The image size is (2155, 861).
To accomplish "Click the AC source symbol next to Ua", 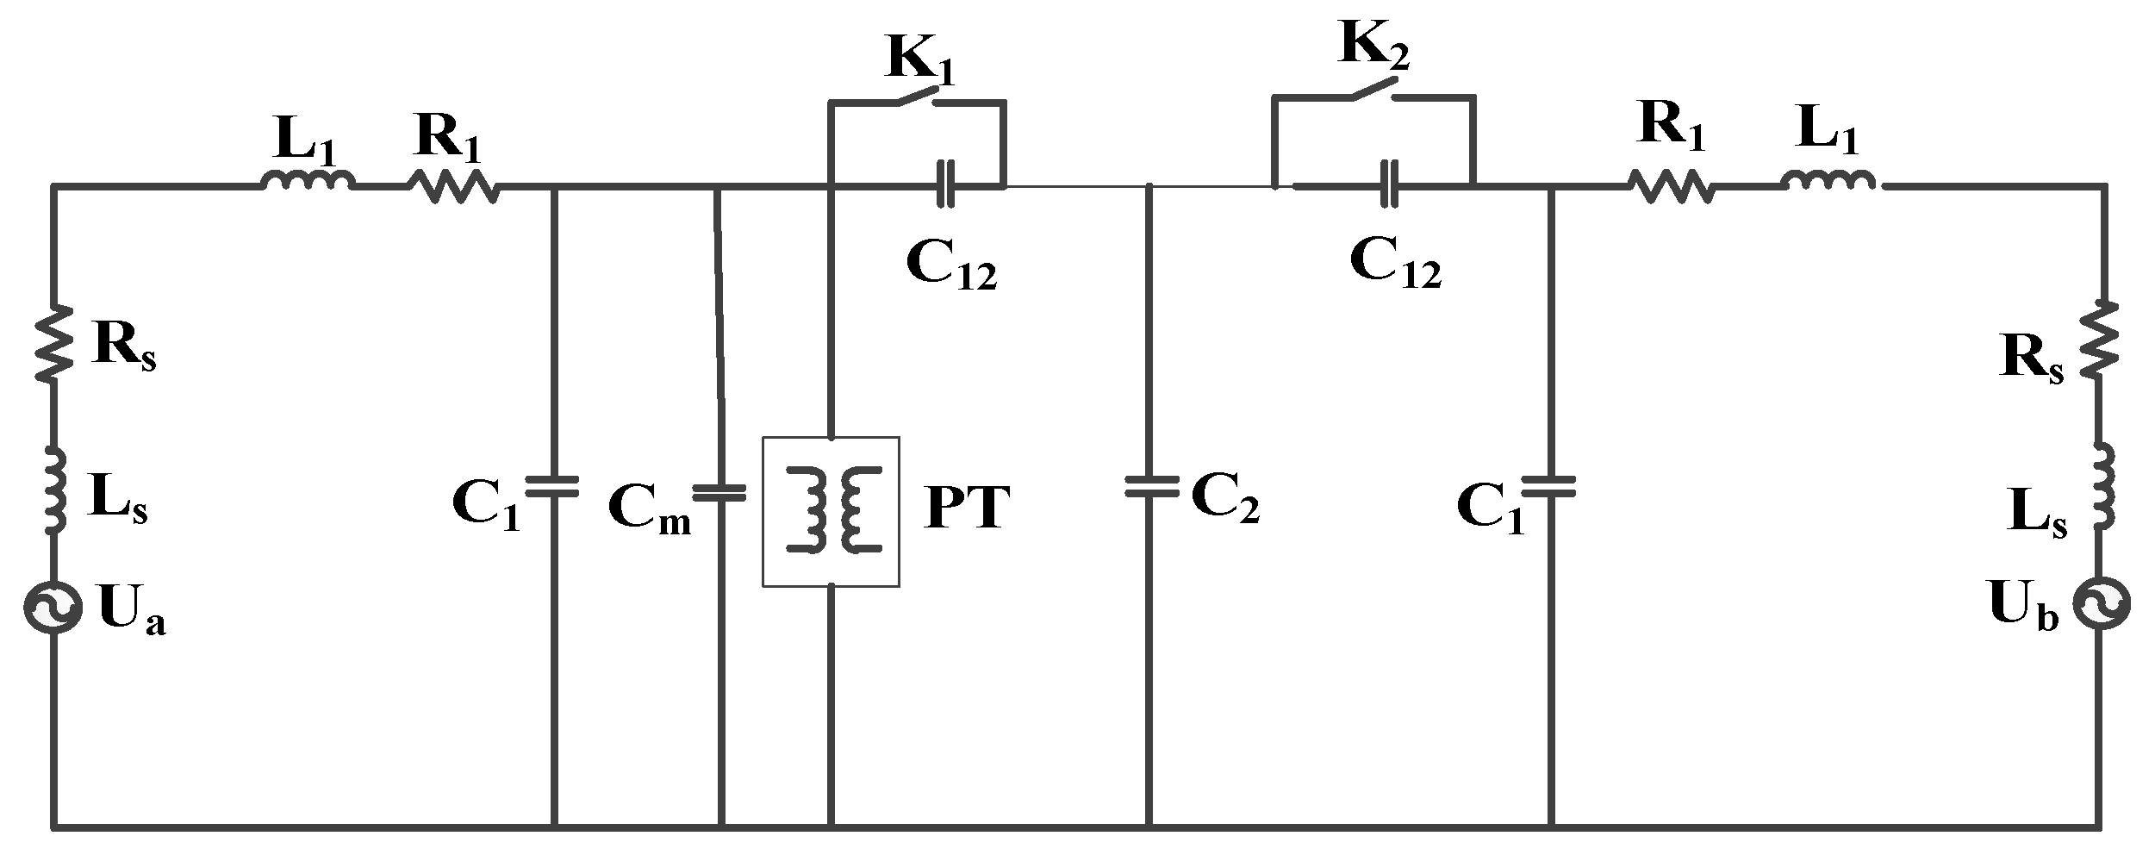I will (53, 608).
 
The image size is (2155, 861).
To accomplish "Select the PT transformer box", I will (831, 511).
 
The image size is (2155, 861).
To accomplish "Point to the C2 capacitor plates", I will (1150, 487).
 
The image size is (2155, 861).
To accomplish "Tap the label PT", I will (966, 509).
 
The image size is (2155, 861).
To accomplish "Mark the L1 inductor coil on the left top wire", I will (307, 182).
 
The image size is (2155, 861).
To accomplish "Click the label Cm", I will (649, 508).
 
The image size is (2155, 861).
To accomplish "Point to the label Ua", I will (131, 612).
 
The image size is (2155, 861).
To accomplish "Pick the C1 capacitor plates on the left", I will (553, 487).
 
